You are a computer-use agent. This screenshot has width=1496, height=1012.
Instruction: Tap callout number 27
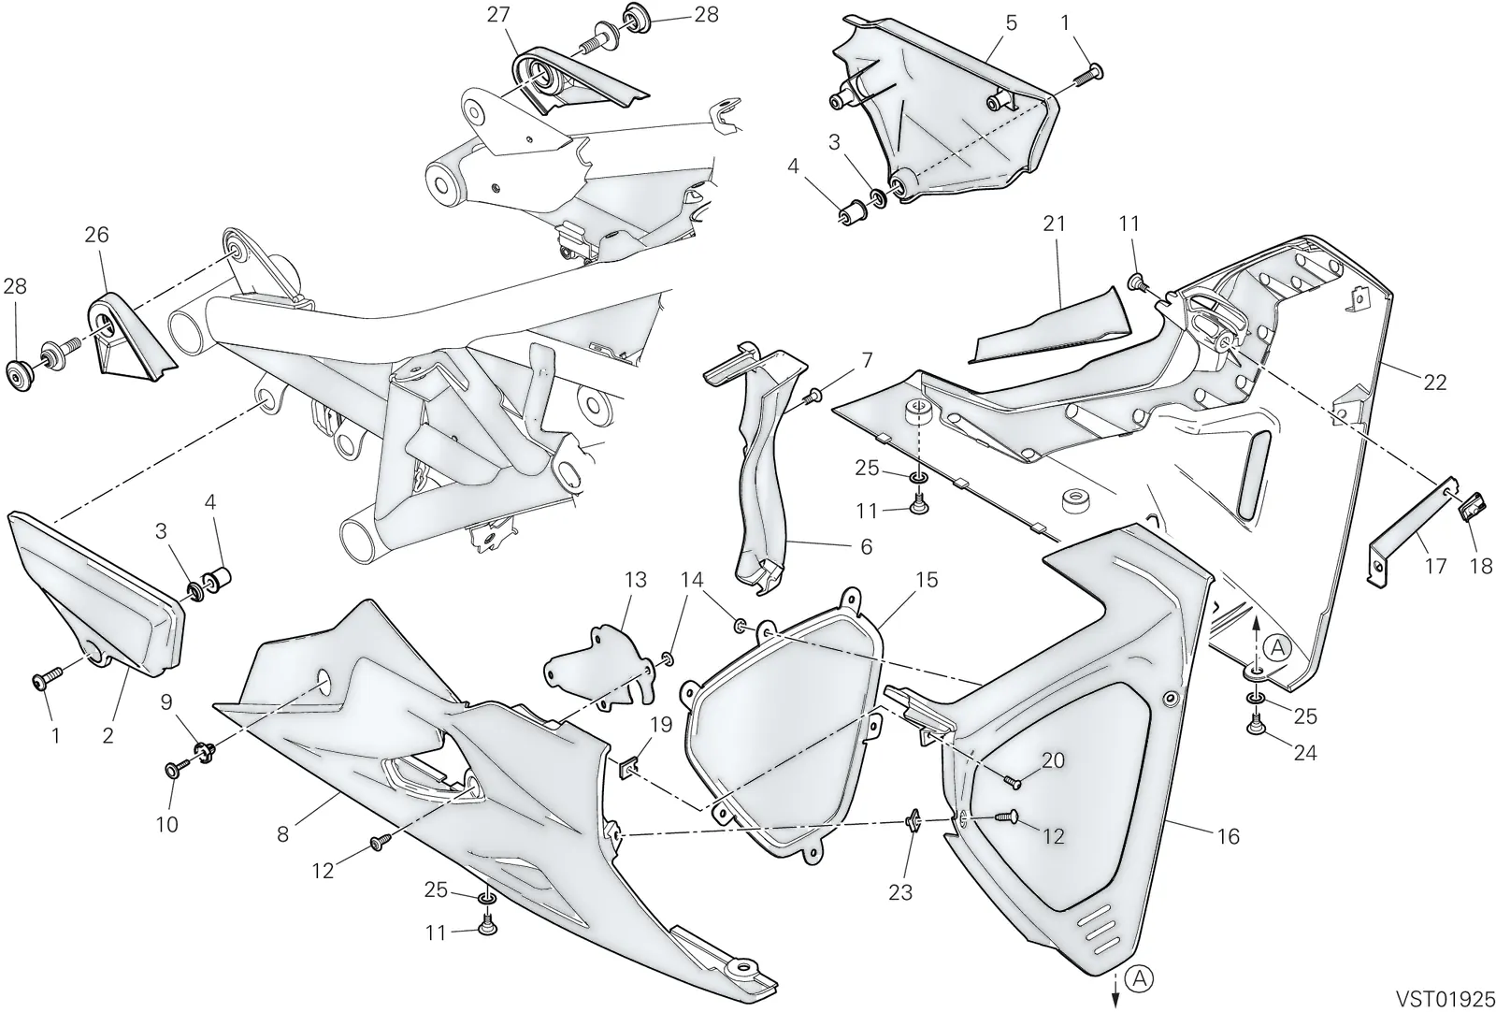pyautogui.click(x=498, y=15)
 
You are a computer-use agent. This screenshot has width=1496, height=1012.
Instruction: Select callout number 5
pyautogui.click(x=1011, y=22)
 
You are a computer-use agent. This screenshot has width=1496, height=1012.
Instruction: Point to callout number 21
pyautogui.click(x=1054, y=224)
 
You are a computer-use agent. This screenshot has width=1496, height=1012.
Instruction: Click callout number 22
pyautogui.click(x=1434, y=383)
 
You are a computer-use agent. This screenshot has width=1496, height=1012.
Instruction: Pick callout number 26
pyautogui.click(x=97, y=235)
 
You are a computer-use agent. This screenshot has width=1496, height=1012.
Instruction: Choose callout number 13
pyautogui.click(x=635, y=580)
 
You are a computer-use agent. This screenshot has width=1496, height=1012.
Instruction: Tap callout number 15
pyautogui.click(x=927, y=580)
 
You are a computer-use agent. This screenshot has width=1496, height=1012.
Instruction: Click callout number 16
pyautogui.click(x=1229, y=836)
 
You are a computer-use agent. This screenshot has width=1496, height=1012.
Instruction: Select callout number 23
pyautogui.click(x=900, y=891)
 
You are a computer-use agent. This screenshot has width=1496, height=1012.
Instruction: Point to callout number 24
pyautogui.click(x=1305, y=754)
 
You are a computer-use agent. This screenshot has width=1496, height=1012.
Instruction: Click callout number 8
pyautogui.click(x=282, y=834)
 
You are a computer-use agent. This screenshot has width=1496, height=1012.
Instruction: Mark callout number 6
pyautogui.click(x=866, y=547)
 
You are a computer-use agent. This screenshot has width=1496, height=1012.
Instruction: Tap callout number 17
pyautogui.click(x=1434, y=567)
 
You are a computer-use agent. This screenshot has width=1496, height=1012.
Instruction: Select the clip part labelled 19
pyautogui.click(x=627, y=770)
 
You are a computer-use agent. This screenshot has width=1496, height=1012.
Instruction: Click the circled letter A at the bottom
pyautogui.click(x=1140, y=978)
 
